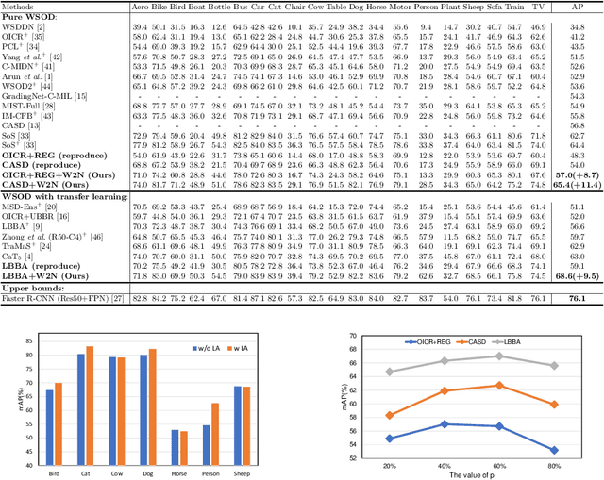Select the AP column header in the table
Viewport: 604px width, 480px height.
(x=574, y=6)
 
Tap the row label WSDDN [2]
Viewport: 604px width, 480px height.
(x=25, y=28)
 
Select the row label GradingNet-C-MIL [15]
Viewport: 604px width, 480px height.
(x=45, y=95)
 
